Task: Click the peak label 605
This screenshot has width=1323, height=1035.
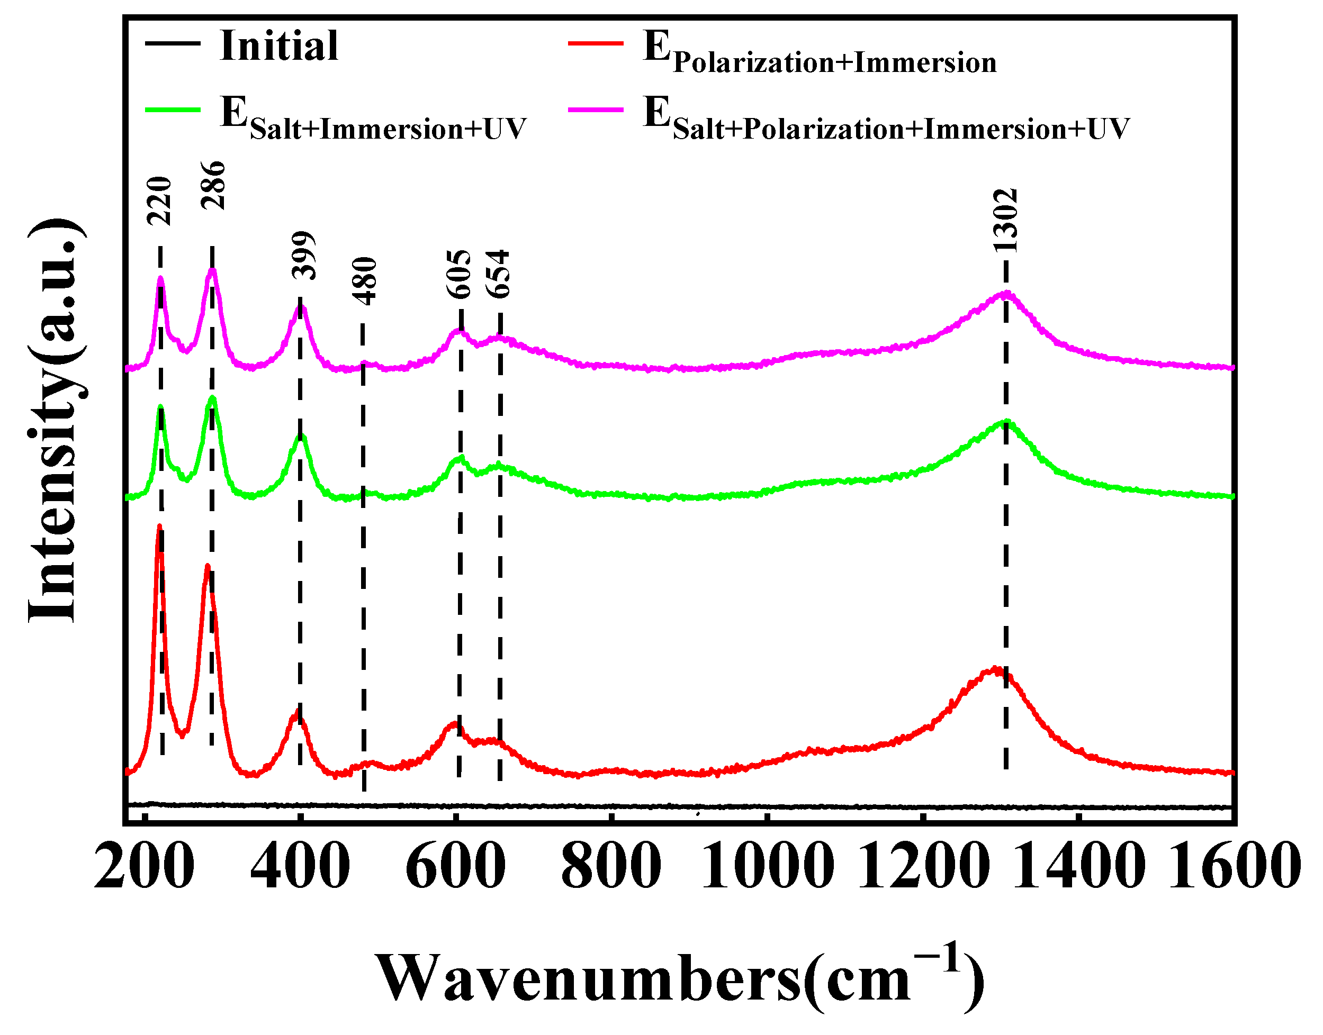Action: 459,274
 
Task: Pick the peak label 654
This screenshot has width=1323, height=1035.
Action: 499,274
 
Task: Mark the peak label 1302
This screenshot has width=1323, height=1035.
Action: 1005,221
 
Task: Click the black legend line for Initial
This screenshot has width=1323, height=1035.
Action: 172,42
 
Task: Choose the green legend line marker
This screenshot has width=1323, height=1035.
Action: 172,109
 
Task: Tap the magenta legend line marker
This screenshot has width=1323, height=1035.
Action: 596,109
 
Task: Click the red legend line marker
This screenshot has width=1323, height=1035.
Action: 596,42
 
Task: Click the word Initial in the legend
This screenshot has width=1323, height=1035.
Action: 279,46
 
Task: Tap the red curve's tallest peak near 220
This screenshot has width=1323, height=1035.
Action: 159,526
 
